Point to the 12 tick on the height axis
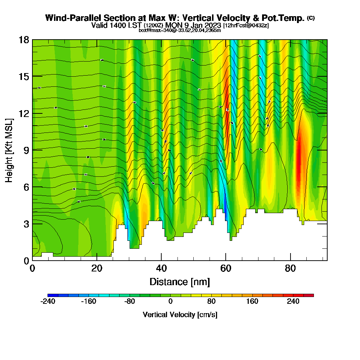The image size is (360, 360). [32, 113]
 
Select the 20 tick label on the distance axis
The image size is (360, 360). [96, 268]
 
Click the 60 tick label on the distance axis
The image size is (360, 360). [226, 268]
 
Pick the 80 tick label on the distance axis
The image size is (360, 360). [290, 268]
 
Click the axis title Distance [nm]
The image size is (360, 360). [180, 282]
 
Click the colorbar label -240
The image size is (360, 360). [48, 301]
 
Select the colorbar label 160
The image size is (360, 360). [252, 301]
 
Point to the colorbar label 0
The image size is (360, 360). [171, 301]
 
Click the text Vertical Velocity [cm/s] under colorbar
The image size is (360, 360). [180, 315]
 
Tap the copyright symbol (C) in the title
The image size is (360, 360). [311, 18]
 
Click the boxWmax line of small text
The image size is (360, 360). [180, 30]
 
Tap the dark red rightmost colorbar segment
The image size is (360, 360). [311, 295]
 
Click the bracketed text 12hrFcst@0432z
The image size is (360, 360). [246, 26]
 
